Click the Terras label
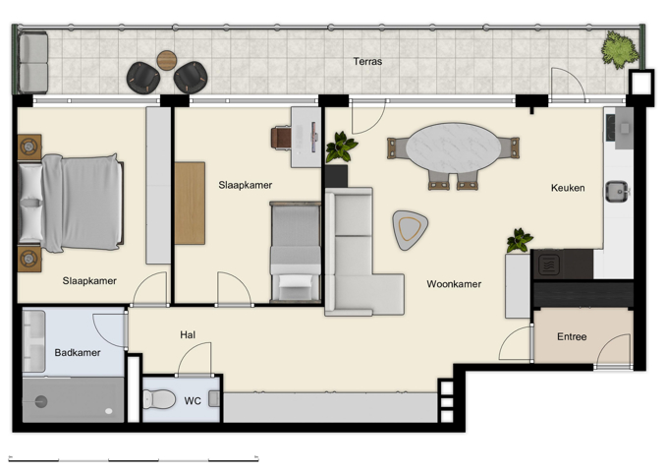click(x=368, y=62)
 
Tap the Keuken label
click(x=568, y=188)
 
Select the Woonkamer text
click(x=454, y=284)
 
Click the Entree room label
click(x=572, y=337)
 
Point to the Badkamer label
click(x=78, y=353)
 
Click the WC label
click(x=193, y=400)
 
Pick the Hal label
click(x=188, y=335)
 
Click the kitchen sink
click(x=617, y=190)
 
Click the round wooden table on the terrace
click(x=167, y=60)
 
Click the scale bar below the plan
click(x=133, y=459)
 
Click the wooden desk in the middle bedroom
click(x=190, y=203)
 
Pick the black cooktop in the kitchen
click(x=548, y=264)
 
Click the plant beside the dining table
click(x=341, y=148)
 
